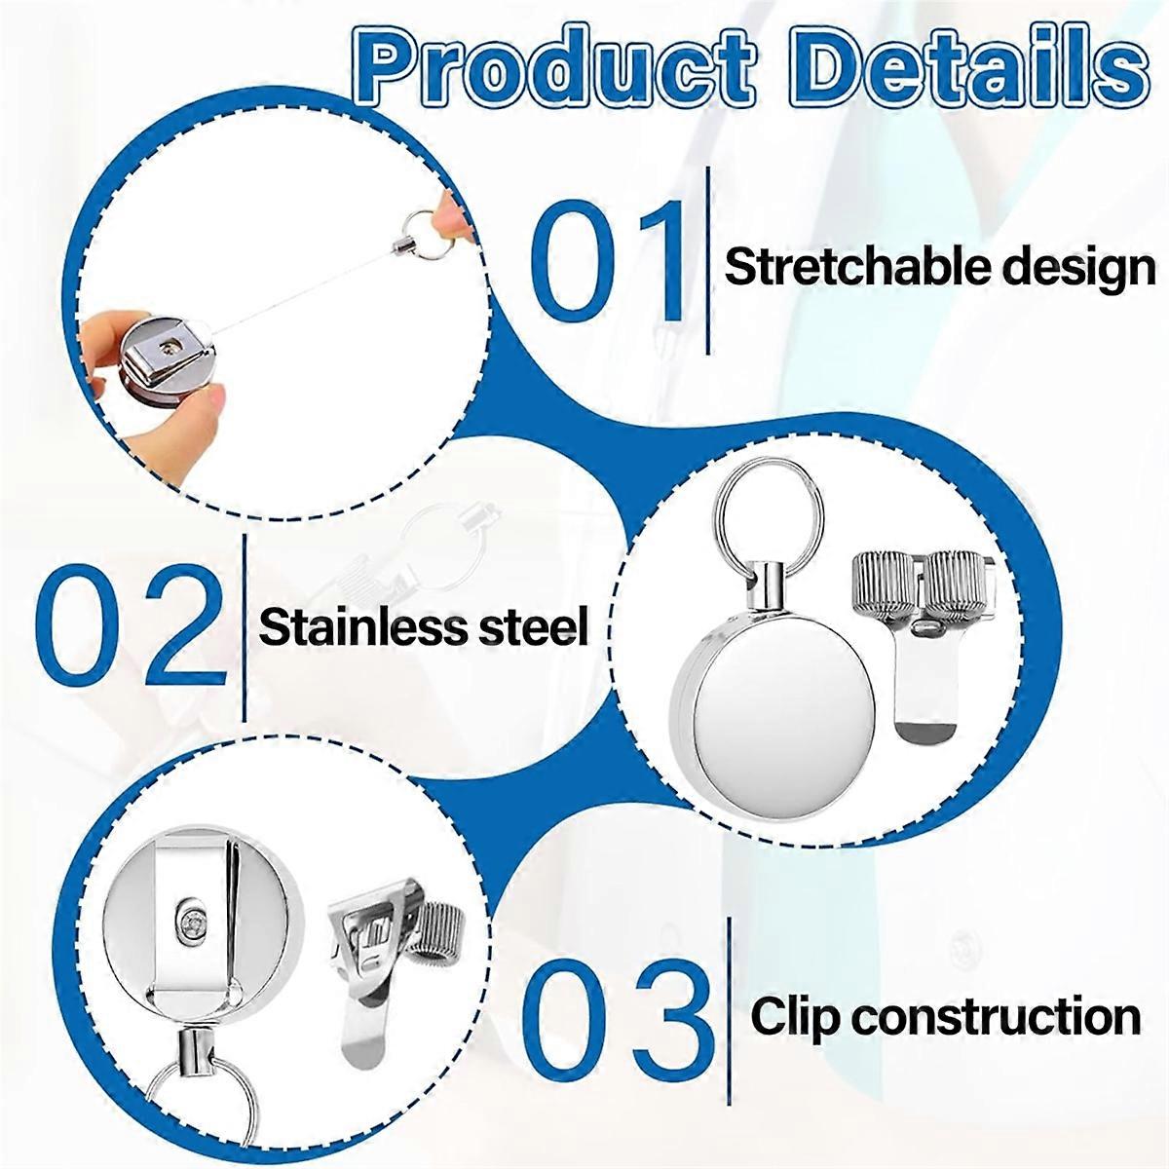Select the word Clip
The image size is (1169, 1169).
coord(790,1017)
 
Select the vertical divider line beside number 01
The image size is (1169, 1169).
coord(706,261)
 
